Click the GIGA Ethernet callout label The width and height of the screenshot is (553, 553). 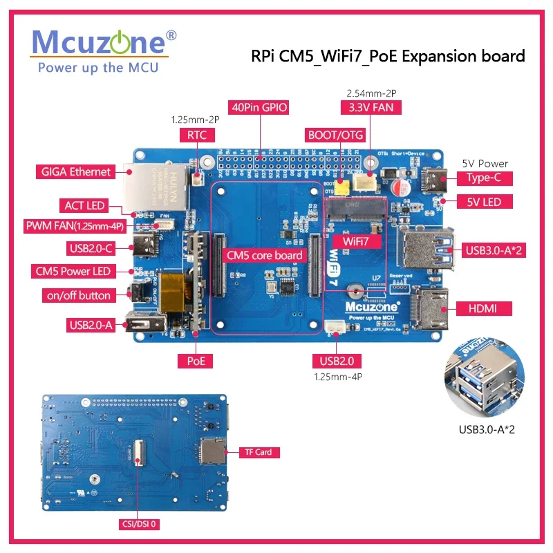76,172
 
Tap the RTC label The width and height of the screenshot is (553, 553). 196,135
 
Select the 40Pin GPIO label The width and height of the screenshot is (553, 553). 261,108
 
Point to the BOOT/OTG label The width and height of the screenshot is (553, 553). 334,135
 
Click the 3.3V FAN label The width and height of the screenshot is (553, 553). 371,108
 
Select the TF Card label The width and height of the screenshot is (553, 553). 259,452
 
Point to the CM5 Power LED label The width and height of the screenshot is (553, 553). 75,272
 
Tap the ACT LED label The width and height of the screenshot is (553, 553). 84,205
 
